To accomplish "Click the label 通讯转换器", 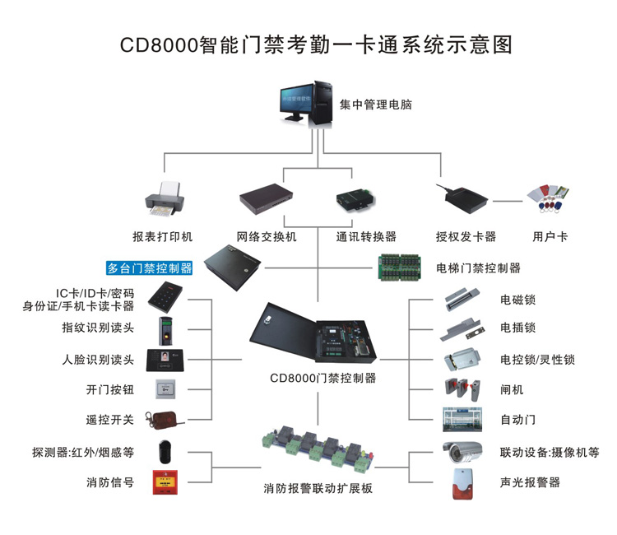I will [366, 236].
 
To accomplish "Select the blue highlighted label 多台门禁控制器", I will [150, 267].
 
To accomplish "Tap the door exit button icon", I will [167, 389].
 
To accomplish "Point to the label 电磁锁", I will [517, 300].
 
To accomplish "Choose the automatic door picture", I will [457, 419].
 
